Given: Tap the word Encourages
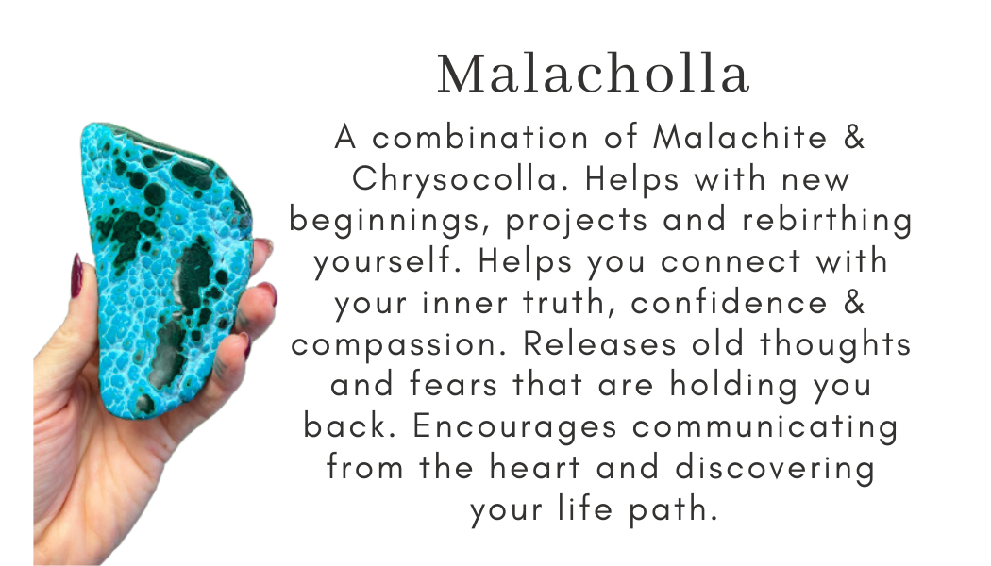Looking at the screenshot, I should click(511, 426).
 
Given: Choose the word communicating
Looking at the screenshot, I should click(765, 426).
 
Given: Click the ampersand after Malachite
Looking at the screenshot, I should click(853, 139).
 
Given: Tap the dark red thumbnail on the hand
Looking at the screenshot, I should click(76, 274).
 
